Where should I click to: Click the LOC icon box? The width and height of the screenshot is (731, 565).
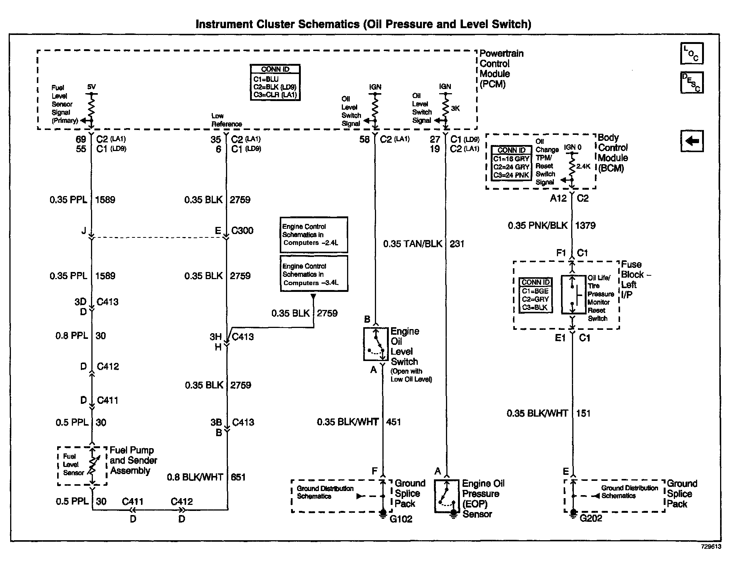pos(692,53)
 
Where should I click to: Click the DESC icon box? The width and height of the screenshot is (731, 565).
pos(692,83)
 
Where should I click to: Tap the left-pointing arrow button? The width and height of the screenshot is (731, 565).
pos(692,141)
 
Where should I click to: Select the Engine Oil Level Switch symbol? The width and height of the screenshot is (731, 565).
pos(376,344)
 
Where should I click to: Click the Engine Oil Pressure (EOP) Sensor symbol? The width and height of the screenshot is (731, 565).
pos(447,496)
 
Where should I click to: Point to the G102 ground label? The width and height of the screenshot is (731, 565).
pos(401,519)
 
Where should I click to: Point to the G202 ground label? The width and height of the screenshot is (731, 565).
pos(591,518)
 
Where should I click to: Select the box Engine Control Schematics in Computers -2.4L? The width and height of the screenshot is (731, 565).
pos(314,235)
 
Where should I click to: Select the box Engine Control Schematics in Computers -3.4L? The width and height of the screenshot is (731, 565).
pos(314,274)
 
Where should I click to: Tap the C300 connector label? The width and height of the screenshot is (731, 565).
pos(242,230)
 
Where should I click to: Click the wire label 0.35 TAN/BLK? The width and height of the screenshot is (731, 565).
pos(413,244)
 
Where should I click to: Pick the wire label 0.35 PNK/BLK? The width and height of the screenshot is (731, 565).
pos(537,225)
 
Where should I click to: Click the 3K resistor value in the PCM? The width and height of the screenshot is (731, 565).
pos(455,109)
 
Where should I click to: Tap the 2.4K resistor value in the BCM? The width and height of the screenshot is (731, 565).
pos(583,166)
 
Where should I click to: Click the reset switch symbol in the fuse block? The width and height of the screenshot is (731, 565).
pos(573,295)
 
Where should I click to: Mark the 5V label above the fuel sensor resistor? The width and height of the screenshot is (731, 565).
pos(91,87)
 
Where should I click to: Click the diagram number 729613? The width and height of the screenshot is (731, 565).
pos(711,547)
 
